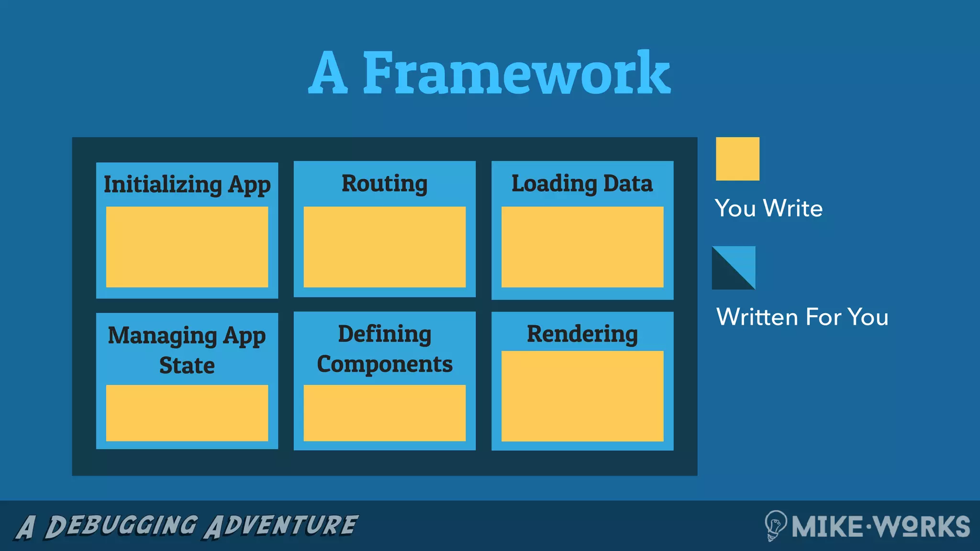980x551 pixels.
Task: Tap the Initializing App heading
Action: [x=187, y=185]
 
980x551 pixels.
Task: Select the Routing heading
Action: [x=384, y=184]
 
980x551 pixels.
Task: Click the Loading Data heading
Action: [x=582, y=184]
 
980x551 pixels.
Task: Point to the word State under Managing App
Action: [x=187, y=366]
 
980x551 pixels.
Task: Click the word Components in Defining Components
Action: [x=384, y=364]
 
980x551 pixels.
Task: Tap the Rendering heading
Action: [x=582, y=334]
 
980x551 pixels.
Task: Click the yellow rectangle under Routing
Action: [x=384, y=247]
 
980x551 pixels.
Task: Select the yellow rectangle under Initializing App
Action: [x=187, y=247]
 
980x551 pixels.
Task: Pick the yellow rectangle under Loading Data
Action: [x=582, y=247]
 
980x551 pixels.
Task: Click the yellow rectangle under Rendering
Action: [x=582, y=396]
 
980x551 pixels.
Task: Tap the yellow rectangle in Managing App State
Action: [x=187, y=413]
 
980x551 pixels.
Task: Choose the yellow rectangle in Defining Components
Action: [x=384, y=413]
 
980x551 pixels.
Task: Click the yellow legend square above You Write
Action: [x=737, y=159]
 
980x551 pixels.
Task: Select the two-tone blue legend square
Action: [x=734, y=268]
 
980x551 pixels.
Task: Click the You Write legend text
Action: [x=768, y=209]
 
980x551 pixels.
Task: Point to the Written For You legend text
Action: [x=802, y=317]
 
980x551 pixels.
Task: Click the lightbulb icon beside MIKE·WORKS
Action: [x=775, y=525]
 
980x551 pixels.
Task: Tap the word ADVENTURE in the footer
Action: [x=281, y=526]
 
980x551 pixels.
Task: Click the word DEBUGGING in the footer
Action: [x=121, y=526]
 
